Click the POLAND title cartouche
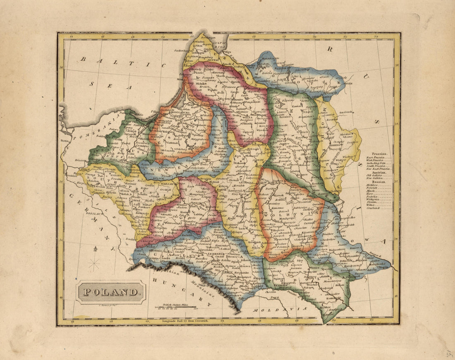tap(111, 292)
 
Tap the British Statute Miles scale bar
tap(176, 307)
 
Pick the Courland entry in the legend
tap(373, 208)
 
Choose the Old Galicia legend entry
tap(375, 175)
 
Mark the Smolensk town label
tap(346, 112)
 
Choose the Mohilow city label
tap(335, 145)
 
